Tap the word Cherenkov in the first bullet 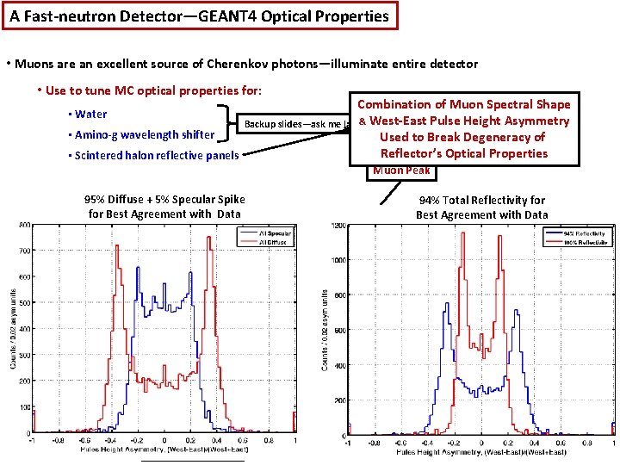click(236, 65)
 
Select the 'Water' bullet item click(90, 114)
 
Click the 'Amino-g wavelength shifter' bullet click(144, 134)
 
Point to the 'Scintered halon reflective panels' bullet click(156, 155)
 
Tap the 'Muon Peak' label click(401, 170)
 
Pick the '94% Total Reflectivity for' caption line click(481, 200)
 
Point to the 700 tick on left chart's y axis click(26, 251)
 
